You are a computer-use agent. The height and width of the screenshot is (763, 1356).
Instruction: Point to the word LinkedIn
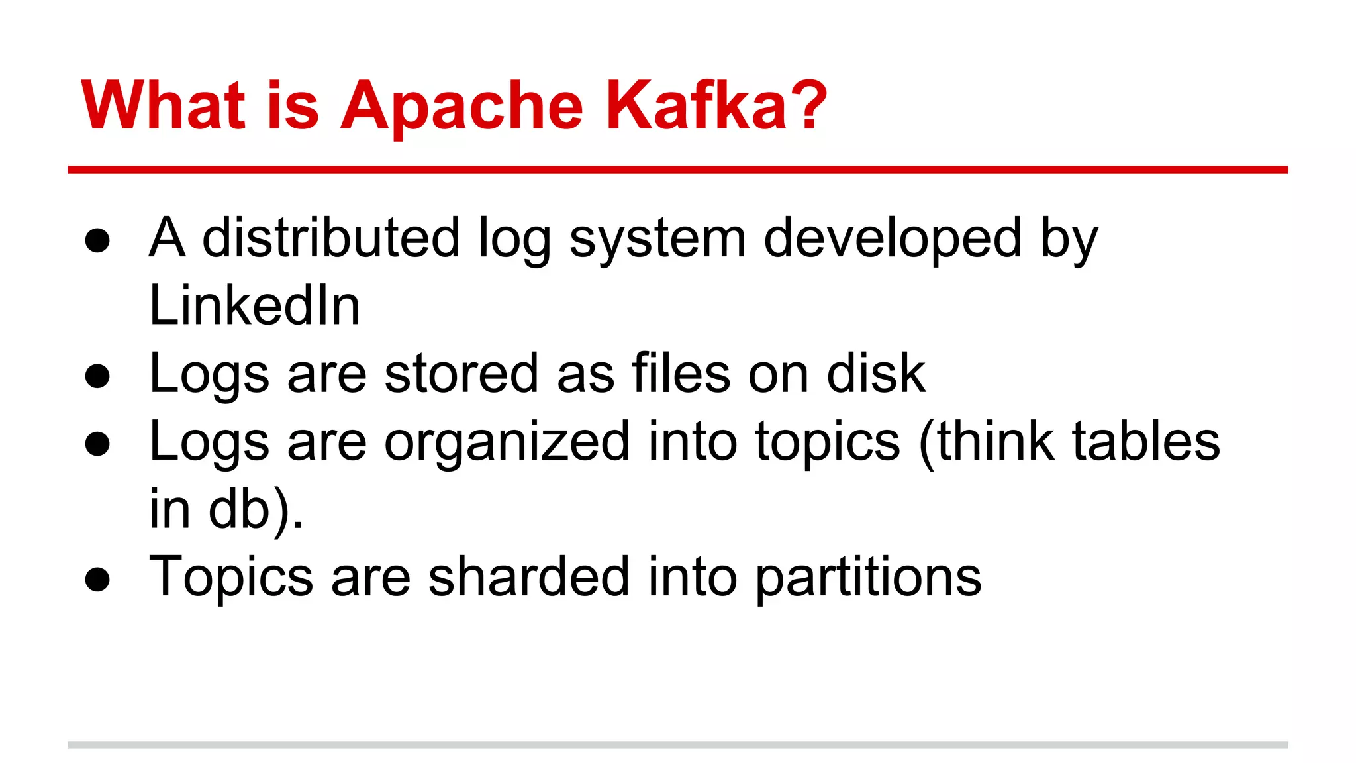(255, 305)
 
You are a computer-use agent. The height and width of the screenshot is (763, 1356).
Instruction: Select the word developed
(893, 238)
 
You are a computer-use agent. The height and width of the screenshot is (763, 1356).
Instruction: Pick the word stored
(461, 374)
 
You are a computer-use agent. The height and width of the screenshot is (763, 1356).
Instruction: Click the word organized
(507, 442)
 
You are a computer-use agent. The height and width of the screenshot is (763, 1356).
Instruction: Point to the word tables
(1145, 441)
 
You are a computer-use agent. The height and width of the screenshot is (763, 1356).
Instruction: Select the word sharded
(528, 577)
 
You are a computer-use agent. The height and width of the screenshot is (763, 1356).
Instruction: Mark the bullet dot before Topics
(97, 579)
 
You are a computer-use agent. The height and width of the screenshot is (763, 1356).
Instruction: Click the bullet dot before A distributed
(97, 240)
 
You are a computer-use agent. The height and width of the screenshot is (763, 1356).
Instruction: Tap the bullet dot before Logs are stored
(97, 376)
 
